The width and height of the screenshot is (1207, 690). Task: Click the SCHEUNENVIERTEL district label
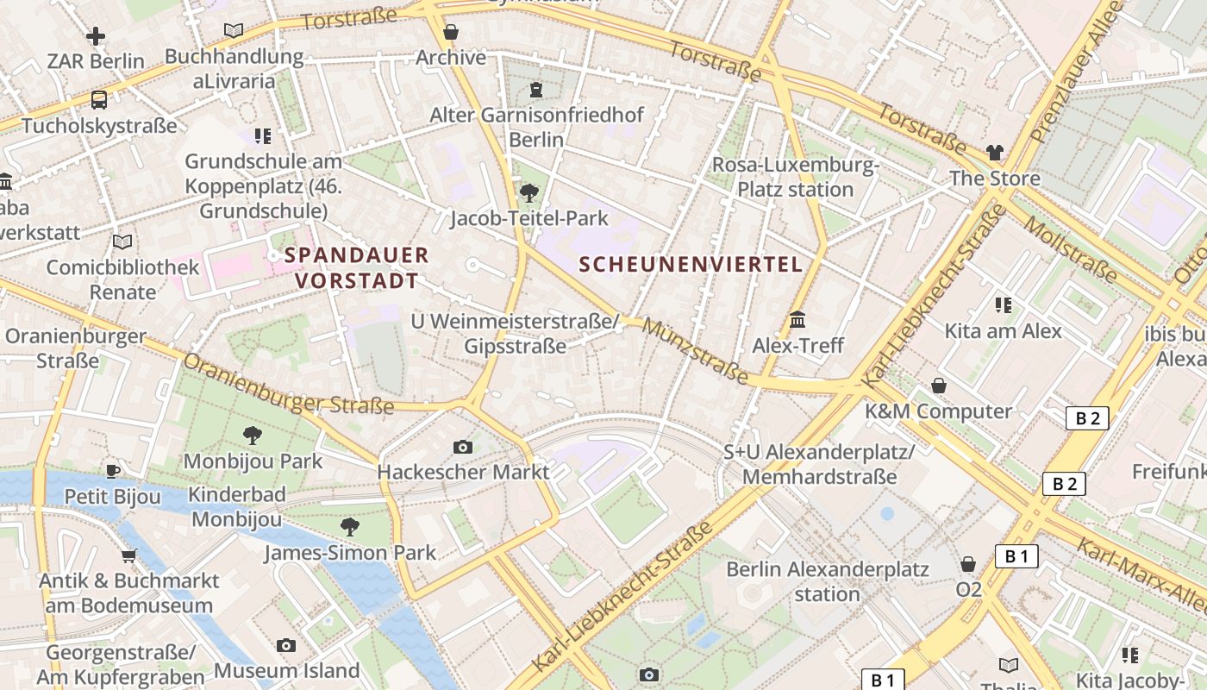(691, 265)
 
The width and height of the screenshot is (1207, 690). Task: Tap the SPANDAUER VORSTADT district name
(357, 267)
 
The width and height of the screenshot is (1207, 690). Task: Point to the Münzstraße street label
(695, 351)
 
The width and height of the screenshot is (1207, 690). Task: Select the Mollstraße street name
(1071, 249)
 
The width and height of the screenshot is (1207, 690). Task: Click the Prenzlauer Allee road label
(1079, 73)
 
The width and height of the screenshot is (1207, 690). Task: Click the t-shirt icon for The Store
(995, 153)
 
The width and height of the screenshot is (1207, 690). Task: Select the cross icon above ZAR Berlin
(96, 36)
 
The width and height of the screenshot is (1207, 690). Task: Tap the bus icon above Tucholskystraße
(99, 100)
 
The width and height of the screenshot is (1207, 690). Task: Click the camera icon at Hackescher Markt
(463, 447)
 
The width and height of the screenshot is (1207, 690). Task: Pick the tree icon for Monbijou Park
(253, 436)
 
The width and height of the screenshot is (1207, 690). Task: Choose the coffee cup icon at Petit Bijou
(112, 471)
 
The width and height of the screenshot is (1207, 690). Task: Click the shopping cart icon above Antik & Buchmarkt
(129, 555)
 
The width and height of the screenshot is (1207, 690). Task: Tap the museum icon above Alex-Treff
(797, 320)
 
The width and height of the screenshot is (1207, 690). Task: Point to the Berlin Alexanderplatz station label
(827, 581)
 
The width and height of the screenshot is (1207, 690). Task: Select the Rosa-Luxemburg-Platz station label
(794, 177)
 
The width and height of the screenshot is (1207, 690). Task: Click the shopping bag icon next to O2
(968, 565)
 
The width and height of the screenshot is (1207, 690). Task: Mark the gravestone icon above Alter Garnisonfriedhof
(536, 90)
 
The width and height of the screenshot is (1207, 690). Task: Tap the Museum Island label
(287, 670)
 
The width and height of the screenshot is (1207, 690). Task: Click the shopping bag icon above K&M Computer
(939, 386)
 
